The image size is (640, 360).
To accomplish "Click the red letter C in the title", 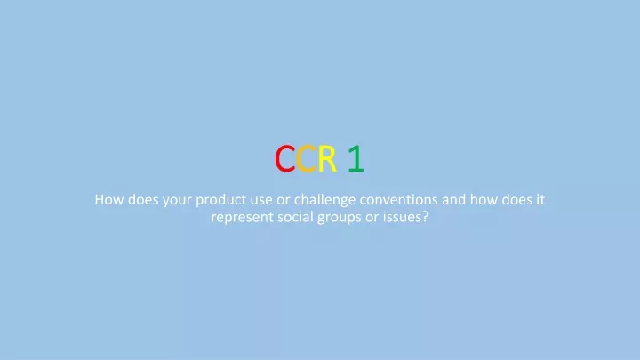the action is [x=284, y=158].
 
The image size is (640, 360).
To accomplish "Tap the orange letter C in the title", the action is [x=306, y=158].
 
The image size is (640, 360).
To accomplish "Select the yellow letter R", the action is [x=327, y=158].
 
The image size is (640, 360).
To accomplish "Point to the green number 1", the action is [x=356, y=158].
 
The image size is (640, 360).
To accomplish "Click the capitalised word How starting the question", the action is [x=109, y=200].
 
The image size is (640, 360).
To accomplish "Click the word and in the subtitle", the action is [x=453, y=200].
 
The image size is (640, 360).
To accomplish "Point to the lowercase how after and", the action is [x=484, y=200].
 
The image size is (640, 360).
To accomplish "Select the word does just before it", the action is [x=516, y=200].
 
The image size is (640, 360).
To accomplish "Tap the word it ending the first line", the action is [x=540, y=200].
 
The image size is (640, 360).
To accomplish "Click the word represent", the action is [x=242, y=218].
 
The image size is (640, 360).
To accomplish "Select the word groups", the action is [x=340, y=218].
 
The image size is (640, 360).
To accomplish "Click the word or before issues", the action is [x=372, y=218].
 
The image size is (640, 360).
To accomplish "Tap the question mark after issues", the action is [x=425, y=217].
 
